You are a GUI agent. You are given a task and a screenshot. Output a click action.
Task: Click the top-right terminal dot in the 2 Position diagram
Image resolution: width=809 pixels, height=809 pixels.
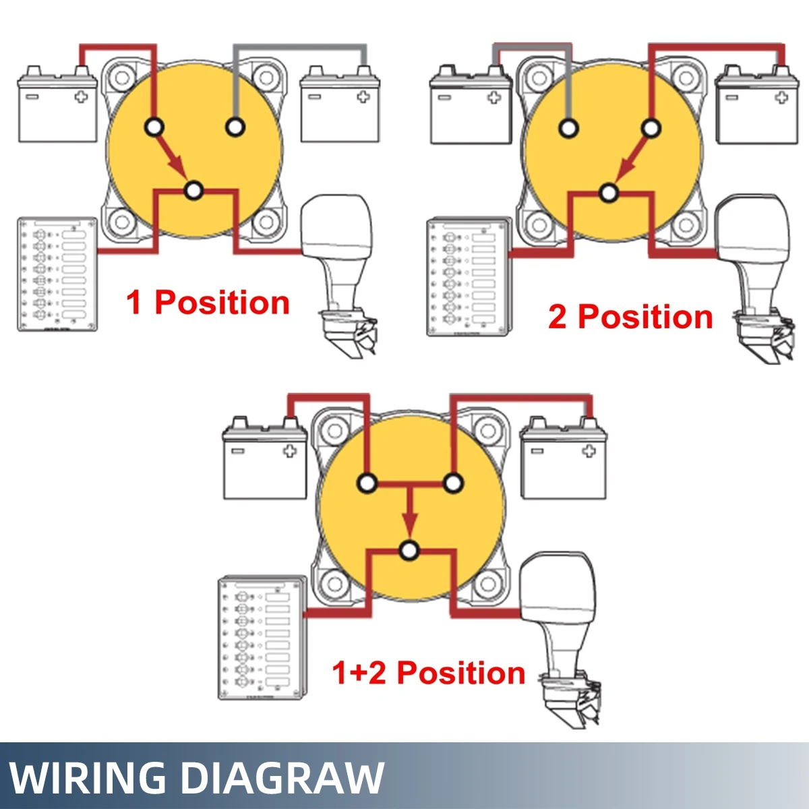[651, 128]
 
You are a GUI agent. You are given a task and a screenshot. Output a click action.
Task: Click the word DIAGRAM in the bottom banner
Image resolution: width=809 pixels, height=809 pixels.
[283, 778]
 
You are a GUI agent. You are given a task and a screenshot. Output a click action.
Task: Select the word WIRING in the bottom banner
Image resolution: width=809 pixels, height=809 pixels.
[88, 778]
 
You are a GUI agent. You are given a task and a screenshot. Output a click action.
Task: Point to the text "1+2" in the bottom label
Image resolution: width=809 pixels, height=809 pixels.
[359, 673]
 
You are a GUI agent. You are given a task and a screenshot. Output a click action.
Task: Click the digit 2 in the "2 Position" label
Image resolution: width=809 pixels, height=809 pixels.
[558, 317]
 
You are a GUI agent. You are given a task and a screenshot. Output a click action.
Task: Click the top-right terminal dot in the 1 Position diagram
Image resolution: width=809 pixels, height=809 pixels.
[235, 126]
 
